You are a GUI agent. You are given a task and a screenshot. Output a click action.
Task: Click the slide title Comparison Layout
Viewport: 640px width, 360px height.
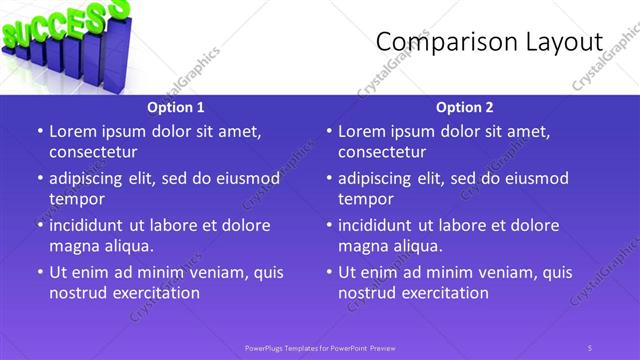tap(489, 42)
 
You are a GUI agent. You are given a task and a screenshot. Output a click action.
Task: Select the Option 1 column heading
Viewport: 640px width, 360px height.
tap(176, 107)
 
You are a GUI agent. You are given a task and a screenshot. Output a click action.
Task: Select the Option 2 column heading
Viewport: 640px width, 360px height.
tap(465, 107)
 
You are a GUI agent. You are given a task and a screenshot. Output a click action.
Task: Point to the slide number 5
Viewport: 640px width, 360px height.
tap(590, 347)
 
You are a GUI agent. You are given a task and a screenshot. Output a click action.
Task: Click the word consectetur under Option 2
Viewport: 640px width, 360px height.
tap(382, 152)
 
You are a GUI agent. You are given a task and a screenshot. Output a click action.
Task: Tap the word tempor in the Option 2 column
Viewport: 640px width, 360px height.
tap(363, 199)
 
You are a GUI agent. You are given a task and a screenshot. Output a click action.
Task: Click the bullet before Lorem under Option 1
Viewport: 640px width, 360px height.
tap(39, 131)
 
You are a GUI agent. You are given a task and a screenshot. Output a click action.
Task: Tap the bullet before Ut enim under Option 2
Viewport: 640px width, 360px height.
tap(328, 272)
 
